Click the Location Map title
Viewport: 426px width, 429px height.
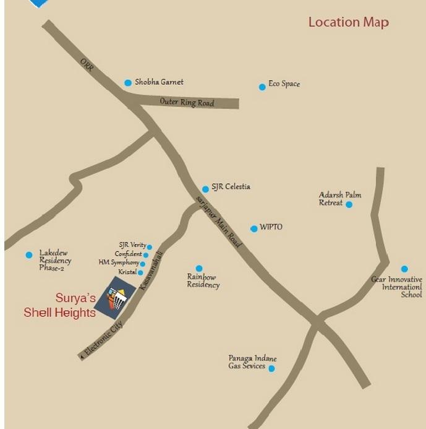(349, 22)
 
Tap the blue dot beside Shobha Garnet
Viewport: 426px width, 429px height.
(128, 82)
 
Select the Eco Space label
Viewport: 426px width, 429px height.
(284, 84)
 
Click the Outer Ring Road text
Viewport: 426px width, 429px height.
(187, 102)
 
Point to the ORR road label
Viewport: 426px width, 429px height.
(87, 65)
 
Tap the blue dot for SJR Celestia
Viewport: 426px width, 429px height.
(205, 189)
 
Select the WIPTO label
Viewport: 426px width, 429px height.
(271, 227)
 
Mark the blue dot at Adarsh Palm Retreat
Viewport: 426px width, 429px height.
(349, 204)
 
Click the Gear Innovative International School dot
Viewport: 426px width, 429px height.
(404, 269)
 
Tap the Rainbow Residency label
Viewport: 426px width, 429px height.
(203, 281)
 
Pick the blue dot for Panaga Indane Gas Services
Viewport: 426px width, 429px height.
(271, 369)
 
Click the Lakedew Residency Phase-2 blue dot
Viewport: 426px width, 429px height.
(29, 254)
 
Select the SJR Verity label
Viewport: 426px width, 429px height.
(132, 246)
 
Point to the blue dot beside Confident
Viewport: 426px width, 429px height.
(146, 254)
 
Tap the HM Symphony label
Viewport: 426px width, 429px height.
(119, 263)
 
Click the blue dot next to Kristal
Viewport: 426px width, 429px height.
(141, 272)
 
